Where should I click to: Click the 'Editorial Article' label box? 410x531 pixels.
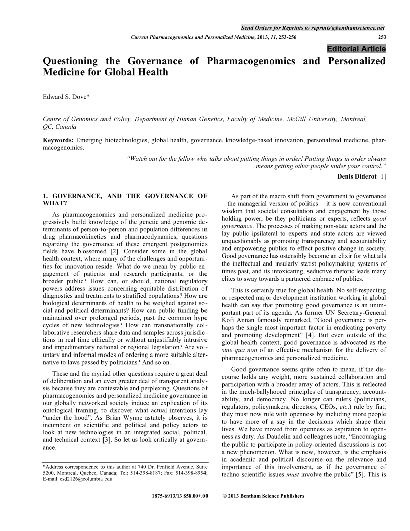tap(356, 49)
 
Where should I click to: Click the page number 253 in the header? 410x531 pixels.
tap(382, 37)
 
